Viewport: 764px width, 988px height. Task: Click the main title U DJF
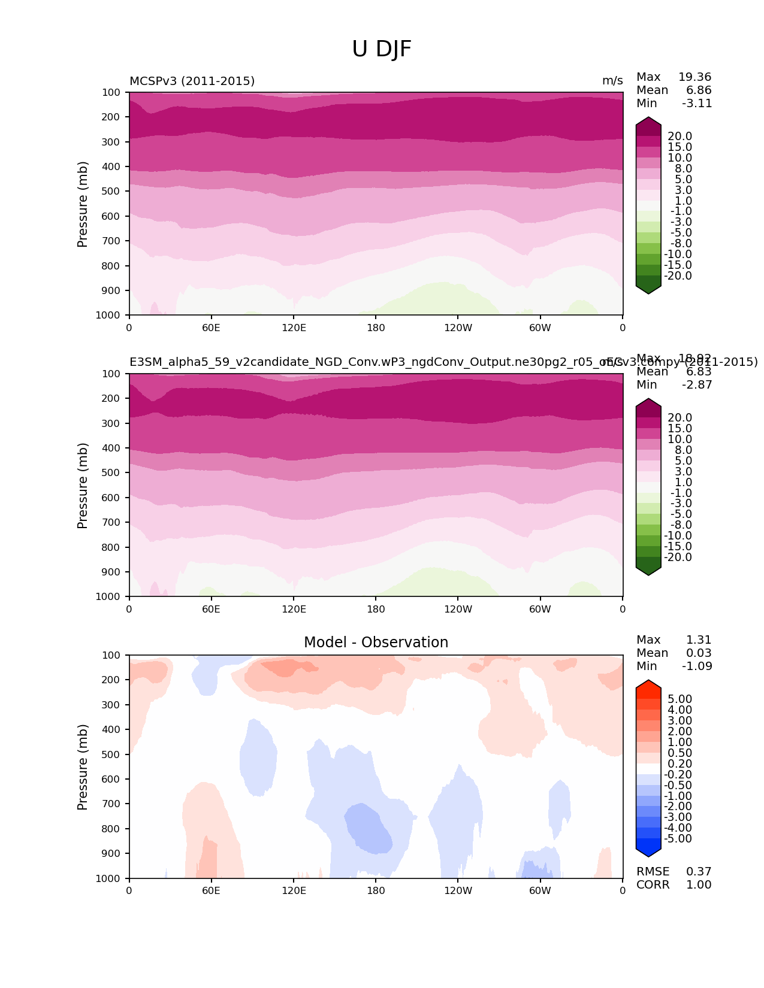tap(382, 49)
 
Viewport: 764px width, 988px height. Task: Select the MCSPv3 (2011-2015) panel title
tap(192, 81)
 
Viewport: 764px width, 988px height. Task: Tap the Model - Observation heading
tap(376, 642)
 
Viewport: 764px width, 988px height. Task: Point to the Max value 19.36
tap(694, 77)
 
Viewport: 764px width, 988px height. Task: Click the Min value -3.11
tap(696, 103)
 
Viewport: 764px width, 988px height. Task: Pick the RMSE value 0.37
tap(699, 871)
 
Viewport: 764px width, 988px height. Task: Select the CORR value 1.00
tap(699, 884)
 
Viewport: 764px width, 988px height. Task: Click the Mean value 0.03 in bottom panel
tap(699, 653)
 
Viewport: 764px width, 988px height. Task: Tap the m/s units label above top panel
tap(612, 81)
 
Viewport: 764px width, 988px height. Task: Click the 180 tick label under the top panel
tap(376, 328)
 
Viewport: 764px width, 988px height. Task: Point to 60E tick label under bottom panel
tap(211, 890)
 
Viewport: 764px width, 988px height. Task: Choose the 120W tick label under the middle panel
tap(458, 609)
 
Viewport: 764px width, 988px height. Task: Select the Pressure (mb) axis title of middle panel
tap(83, 486)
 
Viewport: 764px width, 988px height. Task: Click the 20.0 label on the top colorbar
tap(680, 137)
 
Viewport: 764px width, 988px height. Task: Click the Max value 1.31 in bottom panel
tap(699, 640)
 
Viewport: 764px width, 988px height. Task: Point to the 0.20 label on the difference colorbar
tap(680, 763)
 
